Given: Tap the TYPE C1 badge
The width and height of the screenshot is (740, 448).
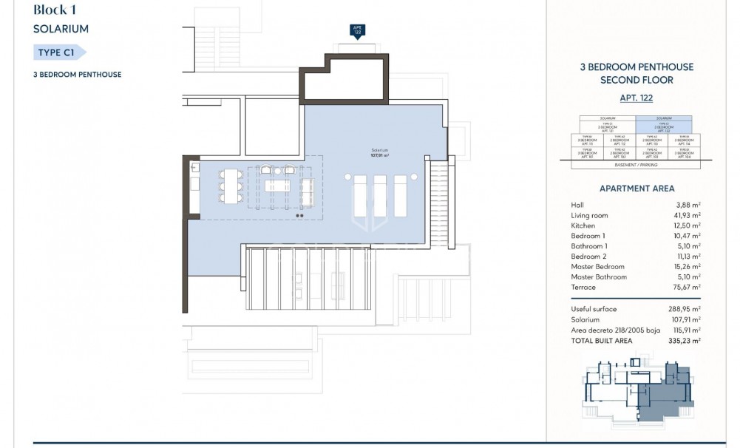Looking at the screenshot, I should click(x=60, y=52).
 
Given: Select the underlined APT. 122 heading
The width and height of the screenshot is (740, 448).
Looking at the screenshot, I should click(x=636, y=98).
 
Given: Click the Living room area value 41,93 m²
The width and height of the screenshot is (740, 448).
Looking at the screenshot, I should click(x=687, y=214).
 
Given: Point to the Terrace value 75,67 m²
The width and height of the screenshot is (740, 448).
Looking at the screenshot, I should click(x=687, y=287).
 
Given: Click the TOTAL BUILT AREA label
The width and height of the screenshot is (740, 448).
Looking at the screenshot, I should click(x=602, y=341).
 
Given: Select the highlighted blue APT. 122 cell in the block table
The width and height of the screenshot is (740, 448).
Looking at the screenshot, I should click(x=664, y=126).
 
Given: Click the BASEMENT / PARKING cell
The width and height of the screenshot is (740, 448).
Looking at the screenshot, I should click(x=636, y=164).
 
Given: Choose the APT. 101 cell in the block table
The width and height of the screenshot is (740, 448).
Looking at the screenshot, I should click(x=588, y=154).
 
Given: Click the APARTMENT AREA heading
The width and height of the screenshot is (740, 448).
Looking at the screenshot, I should click(x=636, y=189).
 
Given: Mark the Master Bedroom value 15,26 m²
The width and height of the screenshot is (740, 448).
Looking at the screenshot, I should click(x=687, y=266).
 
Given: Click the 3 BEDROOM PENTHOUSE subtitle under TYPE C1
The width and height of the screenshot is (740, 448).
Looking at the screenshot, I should click(x=77, y=75).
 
